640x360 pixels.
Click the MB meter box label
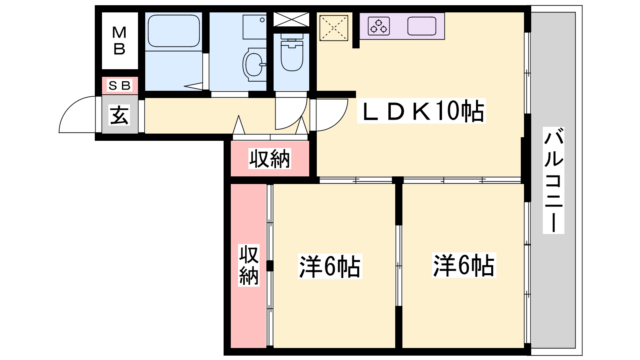point(119,40)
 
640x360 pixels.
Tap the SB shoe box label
point(120,85)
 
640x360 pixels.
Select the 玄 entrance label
point(119,115)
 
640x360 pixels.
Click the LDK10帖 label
point(422,111)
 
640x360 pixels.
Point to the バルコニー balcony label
point(554,180)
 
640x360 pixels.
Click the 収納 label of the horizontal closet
point(270,158)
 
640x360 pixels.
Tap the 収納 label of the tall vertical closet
point(248,265)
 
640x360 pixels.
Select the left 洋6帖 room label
point(330,266)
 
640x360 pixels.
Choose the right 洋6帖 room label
point(464,265)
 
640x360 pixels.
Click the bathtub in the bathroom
point(174,31)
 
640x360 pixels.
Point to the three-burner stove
point(379,26)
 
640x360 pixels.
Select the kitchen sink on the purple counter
point(422,26)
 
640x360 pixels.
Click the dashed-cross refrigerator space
point(334,28)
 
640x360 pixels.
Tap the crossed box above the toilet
point(292,20)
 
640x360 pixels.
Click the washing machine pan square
point(254,27)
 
